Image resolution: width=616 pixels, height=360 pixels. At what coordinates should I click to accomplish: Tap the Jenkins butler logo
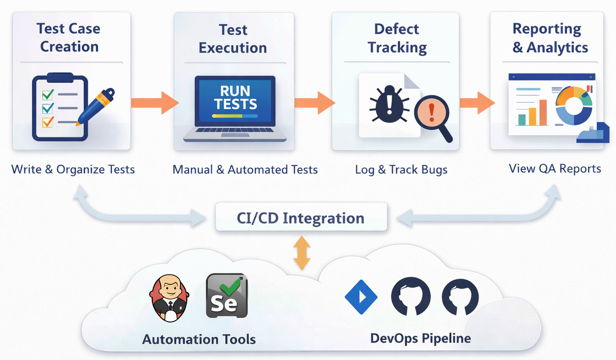[x=170, y=298]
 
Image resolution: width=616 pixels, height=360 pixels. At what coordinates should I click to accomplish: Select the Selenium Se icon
[x=227, y=296]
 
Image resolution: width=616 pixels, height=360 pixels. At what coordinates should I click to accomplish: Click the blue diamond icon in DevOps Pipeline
[x=361, y=297]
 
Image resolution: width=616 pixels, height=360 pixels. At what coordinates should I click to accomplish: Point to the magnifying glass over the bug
[x=432, y=115]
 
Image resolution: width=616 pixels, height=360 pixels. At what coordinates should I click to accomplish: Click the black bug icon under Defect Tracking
[x=389, y=104]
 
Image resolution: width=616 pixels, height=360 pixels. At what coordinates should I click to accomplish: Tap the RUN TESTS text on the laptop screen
[x=235, y=97]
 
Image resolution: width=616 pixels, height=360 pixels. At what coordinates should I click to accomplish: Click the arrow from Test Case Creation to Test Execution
[x=154, y=103]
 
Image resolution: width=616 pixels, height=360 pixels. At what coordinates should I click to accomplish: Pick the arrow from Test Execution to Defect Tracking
[x=314, y=103]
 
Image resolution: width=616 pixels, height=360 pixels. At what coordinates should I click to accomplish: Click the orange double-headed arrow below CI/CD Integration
[x=302, y=253]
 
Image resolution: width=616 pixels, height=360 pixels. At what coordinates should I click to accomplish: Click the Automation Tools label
[x=199, y=339]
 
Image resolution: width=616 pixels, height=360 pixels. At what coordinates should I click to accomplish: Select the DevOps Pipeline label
[x=420, y=338]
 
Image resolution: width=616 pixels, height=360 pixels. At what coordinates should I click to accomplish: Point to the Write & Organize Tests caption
[x=73, y=169]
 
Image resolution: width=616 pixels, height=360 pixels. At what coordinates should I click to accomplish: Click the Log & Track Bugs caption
[x=401, y=170]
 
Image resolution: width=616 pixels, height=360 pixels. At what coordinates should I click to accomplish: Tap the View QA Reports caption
[x=555, y=168]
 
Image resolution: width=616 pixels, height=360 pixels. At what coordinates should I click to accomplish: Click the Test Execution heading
[x=233, y=39]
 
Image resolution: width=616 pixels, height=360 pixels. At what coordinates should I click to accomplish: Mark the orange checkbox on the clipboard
[x=48, y=121]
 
